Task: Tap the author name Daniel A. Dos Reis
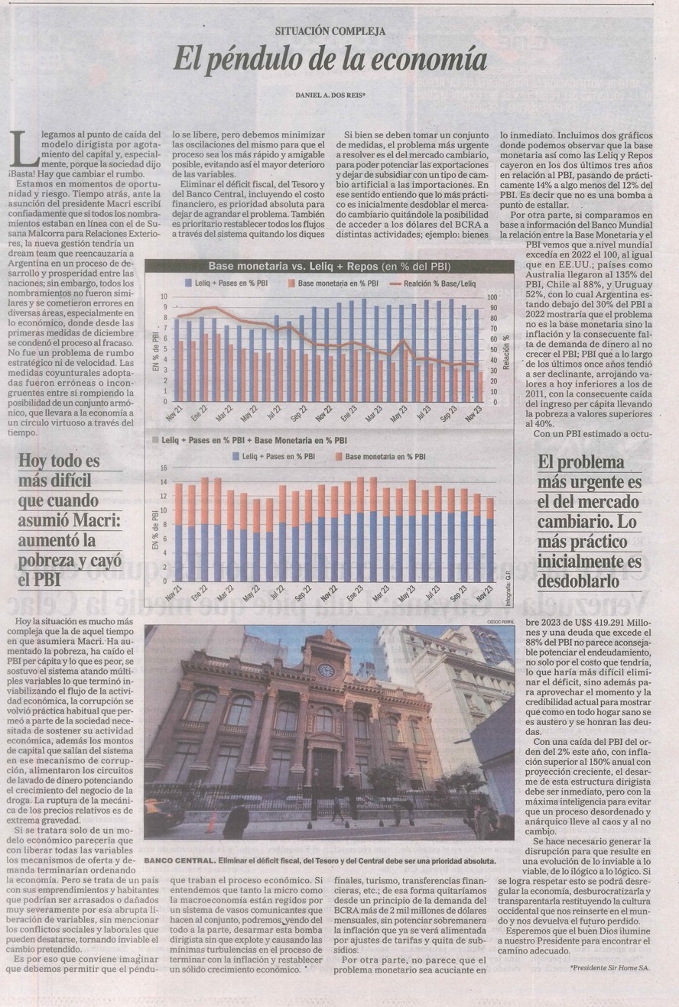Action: coord(330,95)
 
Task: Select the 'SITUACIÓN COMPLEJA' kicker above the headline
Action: coord(330,31)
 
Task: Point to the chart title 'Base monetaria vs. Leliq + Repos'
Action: coord(295,266)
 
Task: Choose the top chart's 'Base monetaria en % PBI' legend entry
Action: coord(336,283)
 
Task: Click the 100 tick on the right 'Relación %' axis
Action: coord(492,296)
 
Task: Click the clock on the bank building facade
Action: coord(327,670)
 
